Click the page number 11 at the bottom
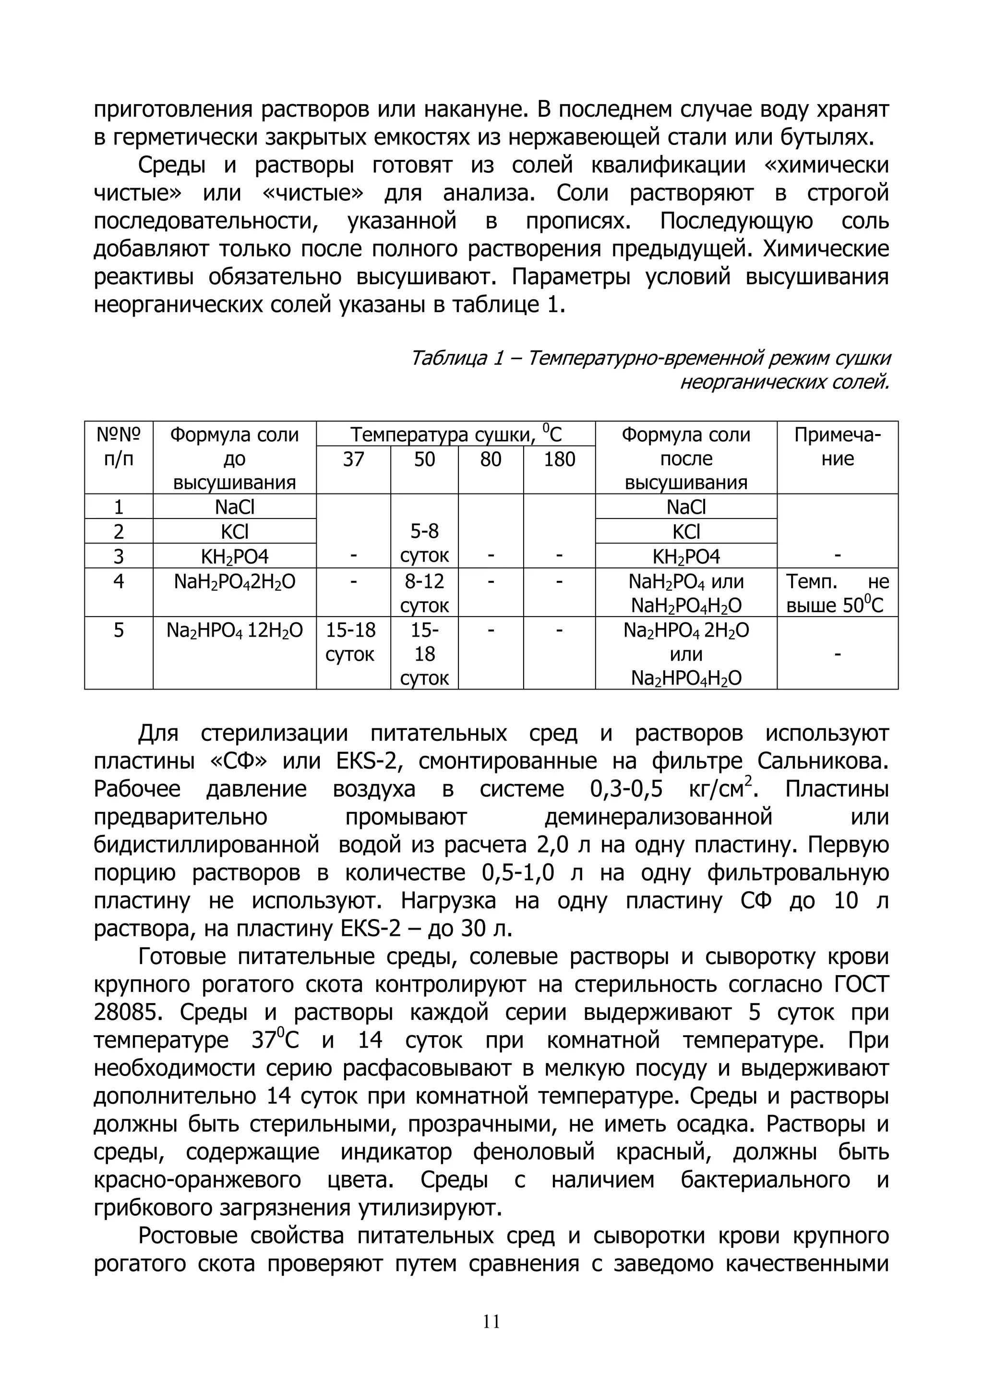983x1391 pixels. tap(491, 1321)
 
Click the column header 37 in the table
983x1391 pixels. tap(353, 459)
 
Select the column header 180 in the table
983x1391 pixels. tap(559, 459)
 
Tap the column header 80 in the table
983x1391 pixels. tap(491, 459)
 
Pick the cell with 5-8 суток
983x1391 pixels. tap(425, 544)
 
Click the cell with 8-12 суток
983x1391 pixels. tap(425, 593)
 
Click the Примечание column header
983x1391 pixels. tap(837, 447)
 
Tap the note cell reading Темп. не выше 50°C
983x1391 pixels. tap(837, 593)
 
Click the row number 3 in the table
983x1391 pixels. tap(119, 556)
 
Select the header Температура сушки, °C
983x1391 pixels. tap(456, 435)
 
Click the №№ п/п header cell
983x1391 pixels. tap(119, 447)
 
